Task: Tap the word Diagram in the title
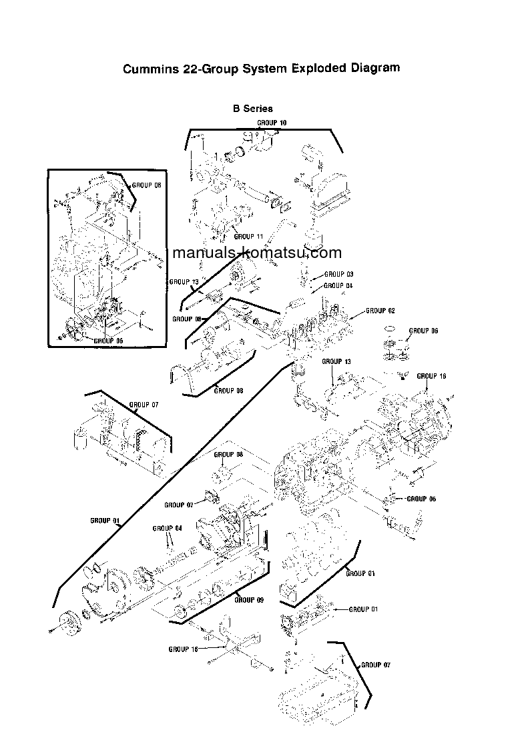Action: (376, 68)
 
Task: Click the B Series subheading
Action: (252, 108)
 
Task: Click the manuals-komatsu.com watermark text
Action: (257, 253)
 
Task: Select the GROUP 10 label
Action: (272, 123)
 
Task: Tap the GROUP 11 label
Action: (248, 237)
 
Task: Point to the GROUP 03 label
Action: (338, 274)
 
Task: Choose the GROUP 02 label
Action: (380, 311)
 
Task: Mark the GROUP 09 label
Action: (249, 600)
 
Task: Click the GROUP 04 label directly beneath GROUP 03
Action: (338, 285)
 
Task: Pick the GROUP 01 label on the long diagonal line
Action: (105, 520)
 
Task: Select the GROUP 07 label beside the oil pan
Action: (375, 665)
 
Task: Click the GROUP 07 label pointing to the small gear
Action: (178, 505)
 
